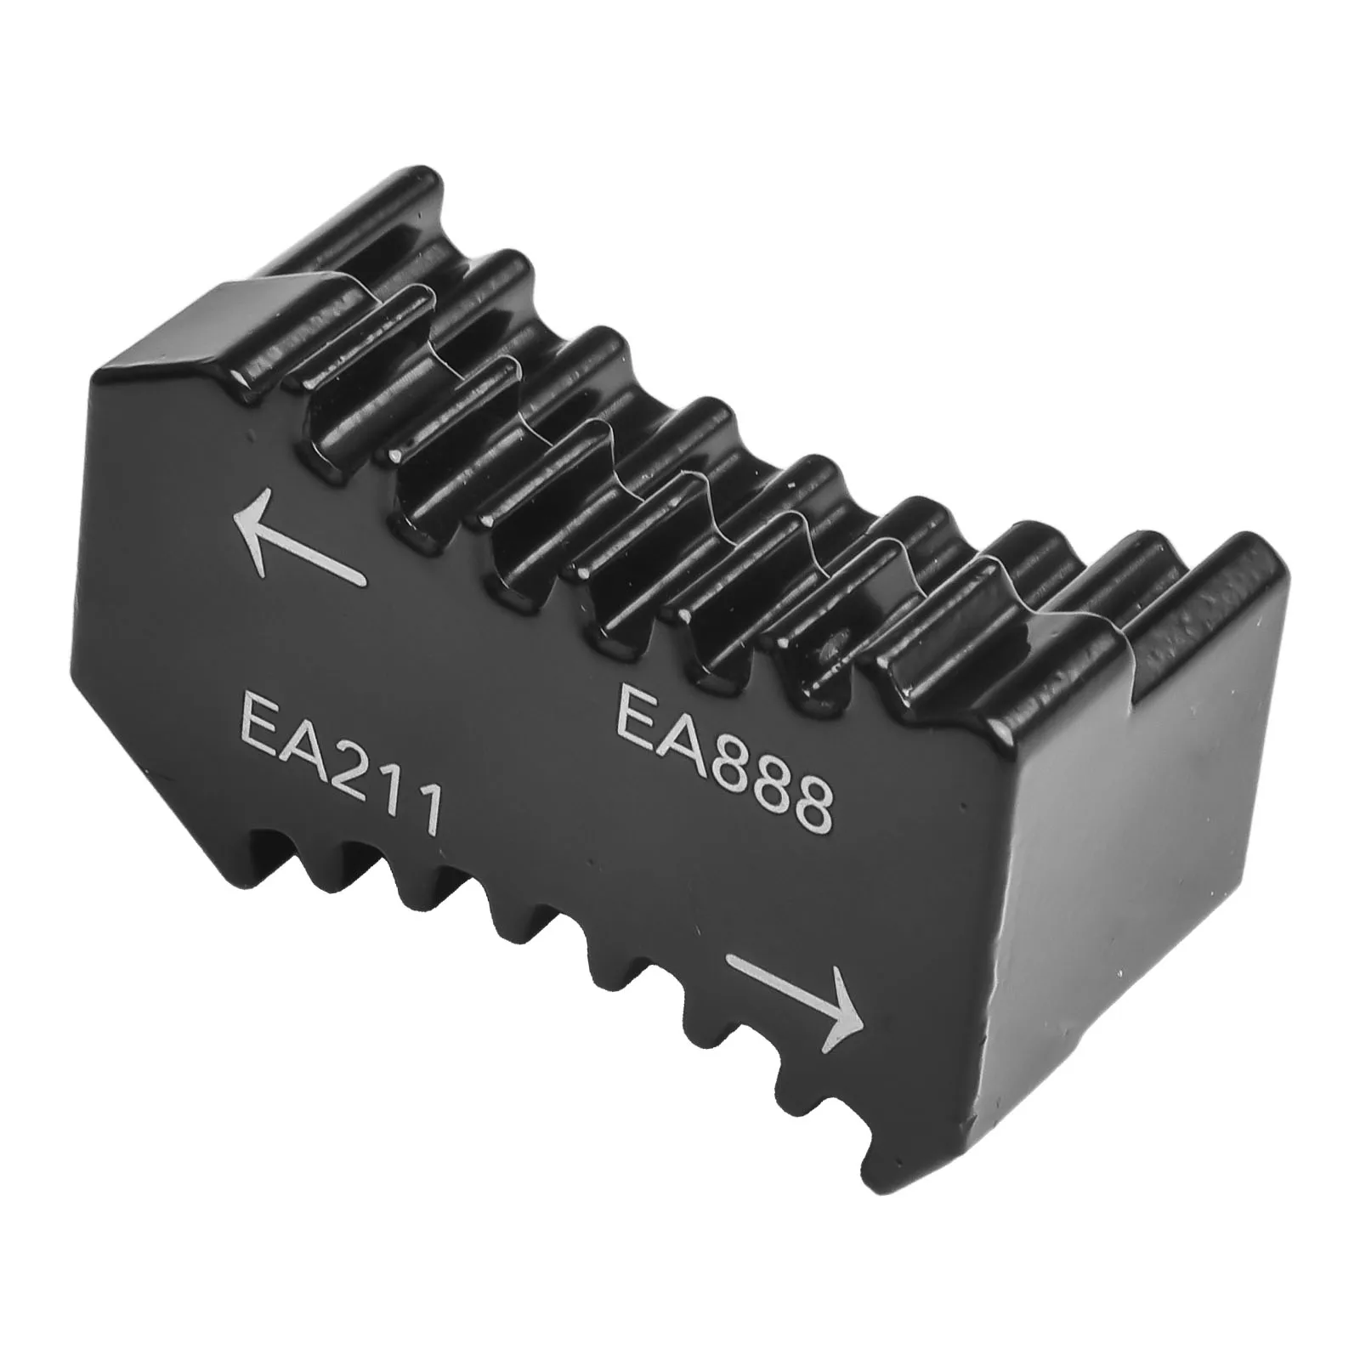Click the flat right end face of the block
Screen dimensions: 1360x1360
pyautogui.click(x=1139, y=892)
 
